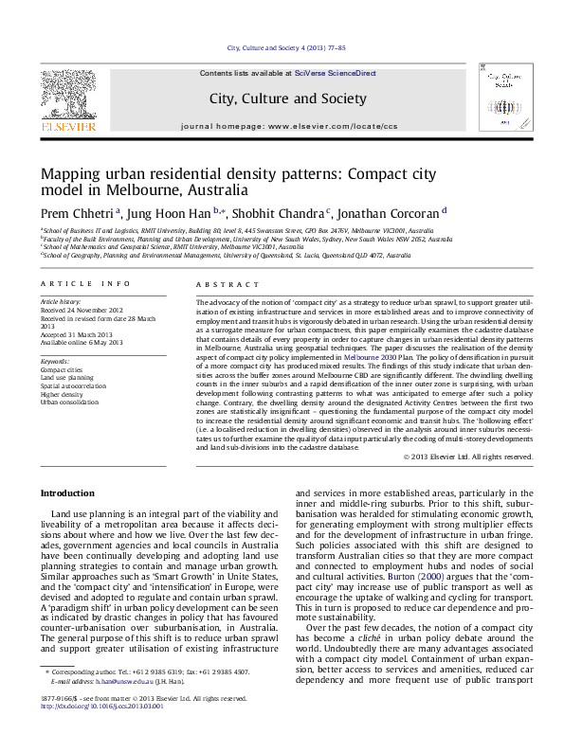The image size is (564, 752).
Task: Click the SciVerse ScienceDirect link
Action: pos(335,73)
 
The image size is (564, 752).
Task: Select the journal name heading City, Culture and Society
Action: pos(288,98)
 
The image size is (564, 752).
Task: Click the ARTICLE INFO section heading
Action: pos(85,283)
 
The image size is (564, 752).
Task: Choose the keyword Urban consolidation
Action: pos(69,402)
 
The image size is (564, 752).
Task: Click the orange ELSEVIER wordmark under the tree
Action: pos(67,125)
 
